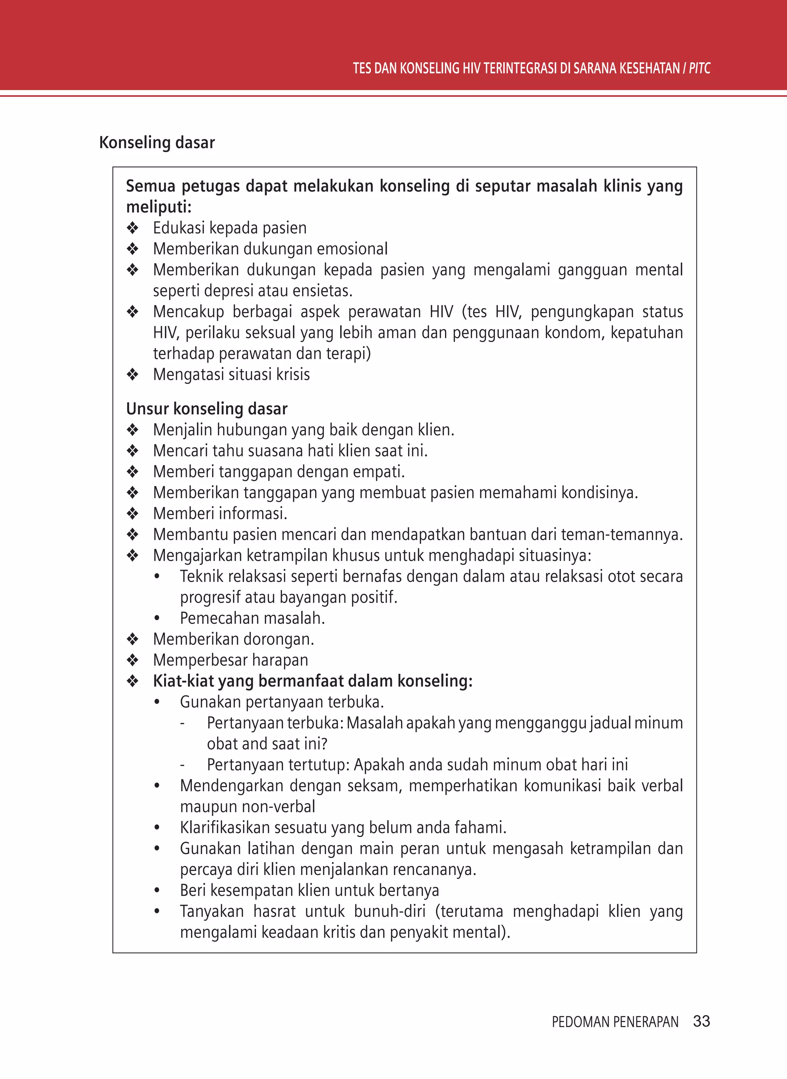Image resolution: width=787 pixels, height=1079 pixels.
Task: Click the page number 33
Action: pos(701,1021)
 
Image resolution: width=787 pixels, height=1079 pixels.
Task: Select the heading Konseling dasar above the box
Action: pos(157,143)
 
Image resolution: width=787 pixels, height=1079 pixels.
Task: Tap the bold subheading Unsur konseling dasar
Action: pos(207,409)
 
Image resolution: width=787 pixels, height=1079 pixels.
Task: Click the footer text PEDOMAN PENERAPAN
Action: pos(615,1022)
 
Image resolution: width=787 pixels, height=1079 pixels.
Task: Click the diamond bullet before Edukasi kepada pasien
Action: pos(133,228)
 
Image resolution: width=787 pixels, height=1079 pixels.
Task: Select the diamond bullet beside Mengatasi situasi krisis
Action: pos(133,375)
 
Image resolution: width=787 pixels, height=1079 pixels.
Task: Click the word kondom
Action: pos(574,332)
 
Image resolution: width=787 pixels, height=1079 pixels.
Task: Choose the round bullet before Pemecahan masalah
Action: pos(157,618)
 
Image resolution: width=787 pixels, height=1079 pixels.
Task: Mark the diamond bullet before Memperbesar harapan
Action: pos(133,660)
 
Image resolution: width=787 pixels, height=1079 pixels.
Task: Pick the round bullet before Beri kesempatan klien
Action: pos(157,890)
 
